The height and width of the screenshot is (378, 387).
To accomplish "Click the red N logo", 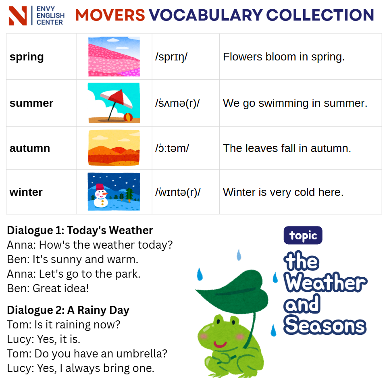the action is (17, 16).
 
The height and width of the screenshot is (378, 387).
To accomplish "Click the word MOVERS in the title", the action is (110, 15).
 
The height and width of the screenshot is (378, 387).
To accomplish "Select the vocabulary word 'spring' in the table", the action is (27, 57).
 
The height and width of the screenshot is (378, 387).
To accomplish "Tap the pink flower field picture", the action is (114, 56).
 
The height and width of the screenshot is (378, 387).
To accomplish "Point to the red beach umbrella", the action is (116, 100).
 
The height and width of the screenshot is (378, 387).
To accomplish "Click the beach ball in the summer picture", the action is (128, 117).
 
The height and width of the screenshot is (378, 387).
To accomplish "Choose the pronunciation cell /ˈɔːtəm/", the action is (172, 148).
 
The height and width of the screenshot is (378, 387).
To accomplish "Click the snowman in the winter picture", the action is (101, 196).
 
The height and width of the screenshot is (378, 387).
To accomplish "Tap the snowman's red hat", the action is (100, 187).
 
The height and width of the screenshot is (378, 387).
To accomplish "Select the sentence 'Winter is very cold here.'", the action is (283, 192).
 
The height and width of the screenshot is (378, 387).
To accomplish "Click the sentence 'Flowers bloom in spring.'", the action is (283, 57).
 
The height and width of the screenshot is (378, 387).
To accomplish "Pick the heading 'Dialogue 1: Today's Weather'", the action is (80, 231).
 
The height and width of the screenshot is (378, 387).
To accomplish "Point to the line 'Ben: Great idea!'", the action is (48, 288).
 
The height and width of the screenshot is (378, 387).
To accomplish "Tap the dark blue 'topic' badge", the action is (303, 235).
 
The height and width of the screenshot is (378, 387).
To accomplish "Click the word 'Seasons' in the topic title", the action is (325, 325).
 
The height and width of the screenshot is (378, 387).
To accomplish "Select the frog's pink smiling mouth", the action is (220, 344).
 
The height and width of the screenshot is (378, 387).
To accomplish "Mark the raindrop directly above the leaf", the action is (239, 255).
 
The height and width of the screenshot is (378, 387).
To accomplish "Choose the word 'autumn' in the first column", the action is (30, 148).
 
